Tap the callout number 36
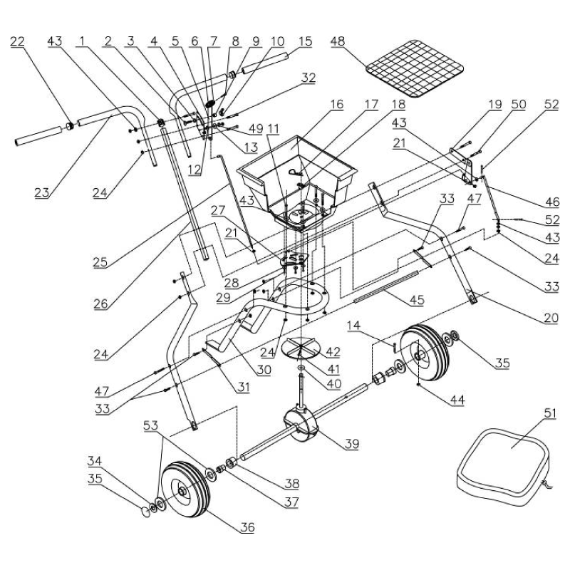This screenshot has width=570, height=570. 247,527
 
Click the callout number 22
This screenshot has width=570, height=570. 16,42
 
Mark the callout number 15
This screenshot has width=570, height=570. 305,42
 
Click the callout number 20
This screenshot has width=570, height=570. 550,318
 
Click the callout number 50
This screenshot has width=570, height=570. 518,105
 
